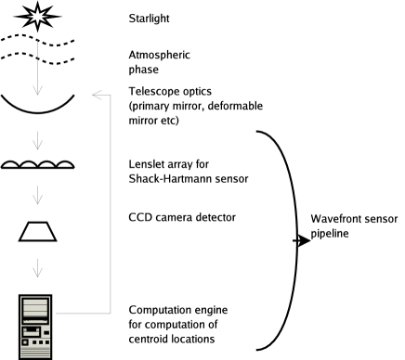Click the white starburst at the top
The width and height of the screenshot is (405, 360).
[37, 16]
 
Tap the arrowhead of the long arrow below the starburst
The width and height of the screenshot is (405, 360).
[37, 91]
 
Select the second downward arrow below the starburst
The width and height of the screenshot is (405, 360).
[37, 140]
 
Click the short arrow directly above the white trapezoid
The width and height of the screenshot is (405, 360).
[37, 195]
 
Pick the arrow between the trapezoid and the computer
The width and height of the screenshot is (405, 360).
[37, 268]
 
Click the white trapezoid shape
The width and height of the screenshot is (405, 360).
[37, 231]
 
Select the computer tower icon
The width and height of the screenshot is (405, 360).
[35, 327]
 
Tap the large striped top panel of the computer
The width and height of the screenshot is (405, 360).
[35, 308]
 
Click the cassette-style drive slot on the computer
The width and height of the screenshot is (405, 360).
[32, 331]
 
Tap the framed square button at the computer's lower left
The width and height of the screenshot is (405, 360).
[25, 341]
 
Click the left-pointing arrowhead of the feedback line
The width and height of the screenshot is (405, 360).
[95, 95]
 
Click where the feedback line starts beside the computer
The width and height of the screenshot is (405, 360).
[57, 314]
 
